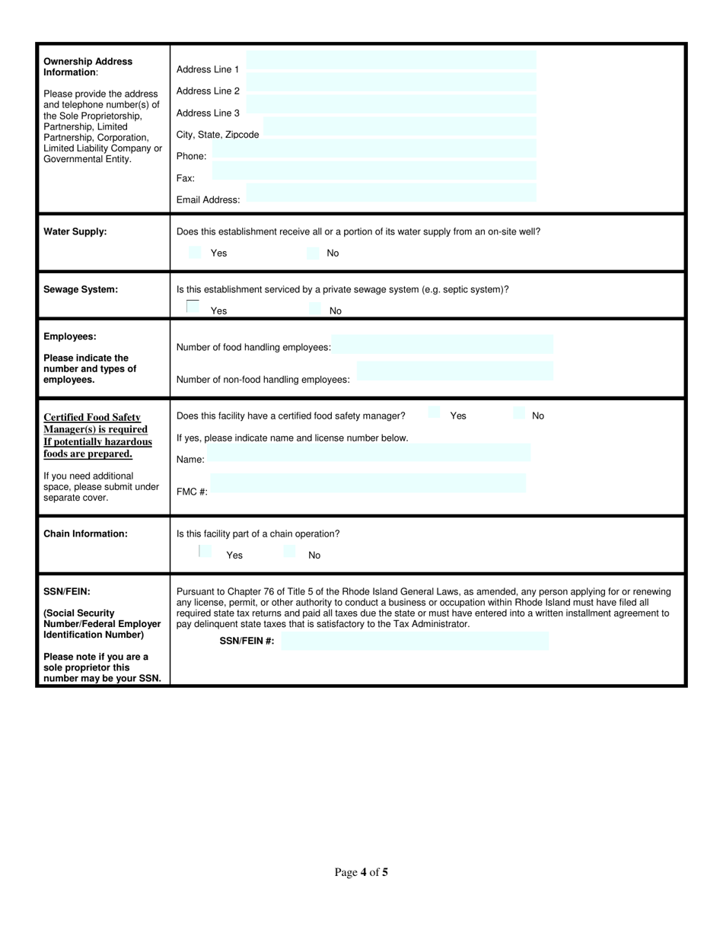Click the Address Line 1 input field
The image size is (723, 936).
[x=392, y=62]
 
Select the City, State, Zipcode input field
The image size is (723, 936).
[x=399, y=127]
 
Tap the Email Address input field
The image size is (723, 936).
[x=392, y=193]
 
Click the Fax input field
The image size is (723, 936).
[x=373, y=171]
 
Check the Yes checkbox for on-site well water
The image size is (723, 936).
[x=195, y=253]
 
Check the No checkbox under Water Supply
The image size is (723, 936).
[x=313, y=253]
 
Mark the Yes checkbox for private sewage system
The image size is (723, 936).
[x=193, y=307]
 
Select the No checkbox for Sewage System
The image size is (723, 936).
[x=314, y=309]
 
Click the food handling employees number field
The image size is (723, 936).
[x=443, y=345]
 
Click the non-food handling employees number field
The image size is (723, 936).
[x=455, y=371]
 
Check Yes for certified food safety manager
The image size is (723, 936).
[x=434, y=413]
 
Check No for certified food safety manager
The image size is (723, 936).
[x=519, y=413]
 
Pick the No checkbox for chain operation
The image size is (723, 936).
[x=289, y=552]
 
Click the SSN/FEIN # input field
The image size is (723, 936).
[x=415, y=641]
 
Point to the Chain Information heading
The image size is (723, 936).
[x=85, y=533]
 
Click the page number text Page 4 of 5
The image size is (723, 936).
[x=361, y=872]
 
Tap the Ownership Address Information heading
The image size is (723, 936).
[x=88, y=66]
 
